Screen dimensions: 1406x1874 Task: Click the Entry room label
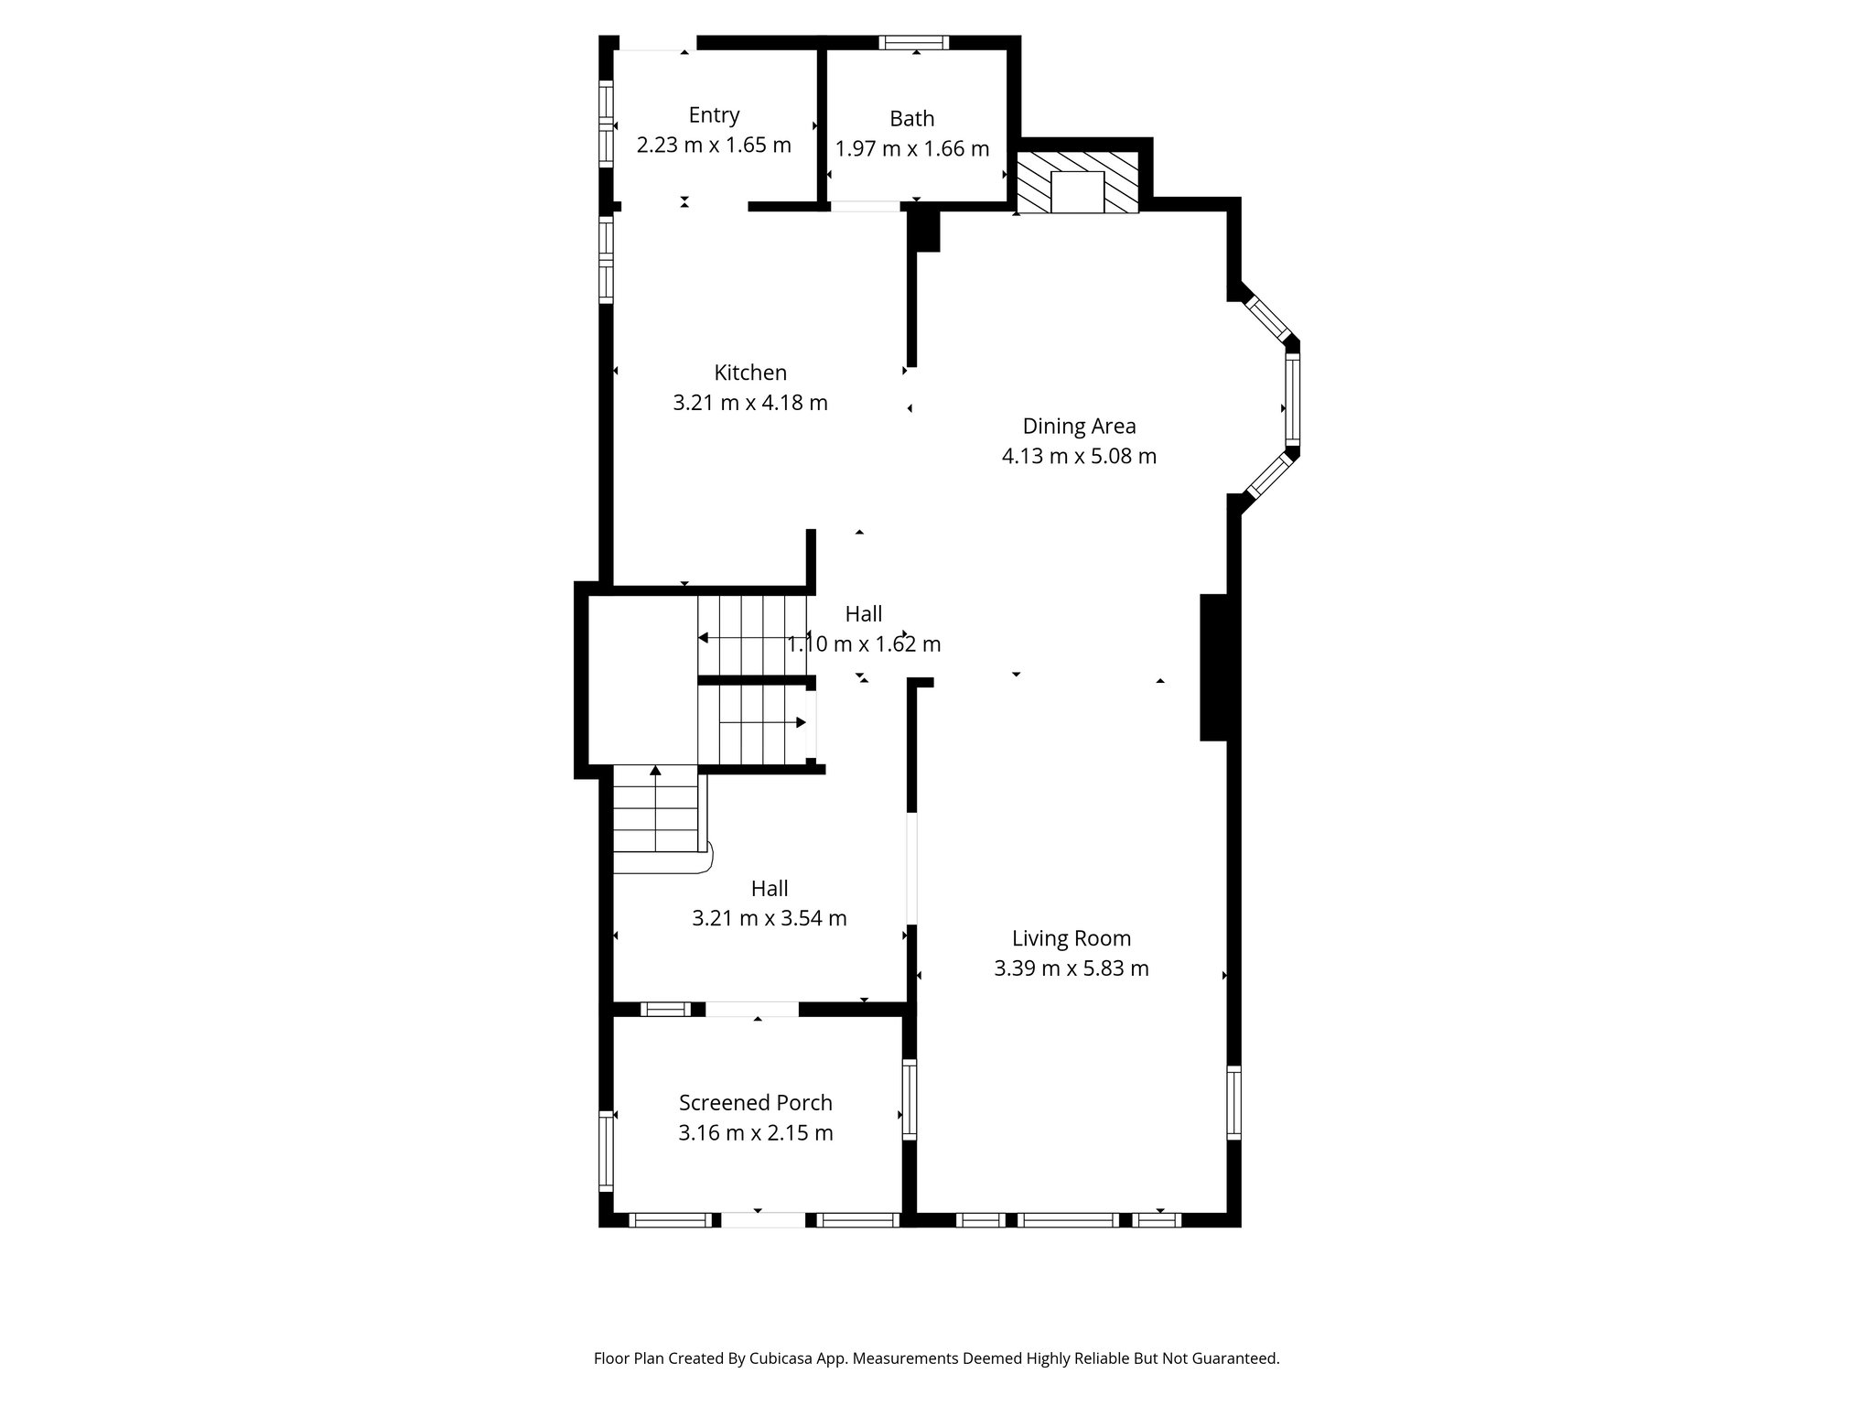click(714, 115)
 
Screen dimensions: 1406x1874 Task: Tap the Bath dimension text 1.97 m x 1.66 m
click(912, 148)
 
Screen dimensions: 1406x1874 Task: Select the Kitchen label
click(750, 373)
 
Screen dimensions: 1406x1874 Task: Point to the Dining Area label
click(1079, 426)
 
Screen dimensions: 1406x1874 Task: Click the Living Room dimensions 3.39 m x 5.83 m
click(1071, 968)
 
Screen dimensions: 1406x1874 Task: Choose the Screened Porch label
click(755, 1103)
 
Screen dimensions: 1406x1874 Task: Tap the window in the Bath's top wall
click(914, 42)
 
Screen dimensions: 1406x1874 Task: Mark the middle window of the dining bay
click(1292, 400)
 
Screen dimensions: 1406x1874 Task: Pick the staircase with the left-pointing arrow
click(752, 635)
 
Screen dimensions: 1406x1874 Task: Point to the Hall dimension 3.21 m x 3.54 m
click(769, 918)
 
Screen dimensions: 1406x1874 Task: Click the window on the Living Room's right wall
click(1233, 1102)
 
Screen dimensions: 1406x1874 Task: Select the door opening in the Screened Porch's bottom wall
click(763, 1219)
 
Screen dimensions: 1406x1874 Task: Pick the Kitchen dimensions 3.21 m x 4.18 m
click(750, 403)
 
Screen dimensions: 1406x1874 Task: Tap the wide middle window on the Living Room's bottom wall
click(1067, 1219)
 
